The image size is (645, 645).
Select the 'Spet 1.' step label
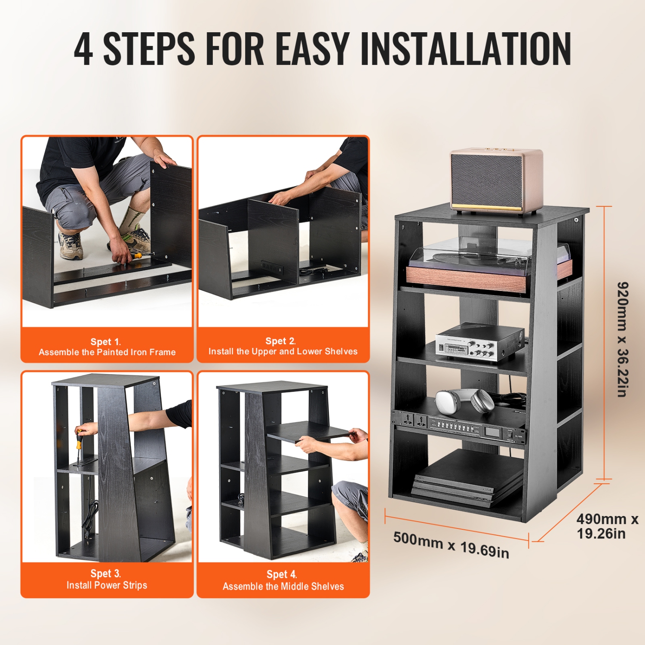pyautogui.click(x=105, y=342)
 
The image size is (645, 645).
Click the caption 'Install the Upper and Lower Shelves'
pyautogui.click(x=283, y=351)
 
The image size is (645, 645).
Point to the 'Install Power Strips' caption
pyautogui.click(x=107, y=585)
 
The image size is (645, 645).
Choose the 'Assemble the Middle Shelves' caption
pyautogui.click(x=283, y=587)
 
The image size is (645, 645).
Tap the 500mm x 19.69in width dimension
pyautogui.click(x=451, y=544)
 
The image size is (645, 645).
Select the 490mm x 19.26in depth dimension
pyautogui.click(x=607, y=526)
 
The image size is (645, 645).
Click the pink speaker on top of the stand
pyautogui.click(x=496, y=181)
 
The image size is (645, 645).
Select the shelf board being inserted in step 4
pyautogui.click(x=307, y=431)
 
